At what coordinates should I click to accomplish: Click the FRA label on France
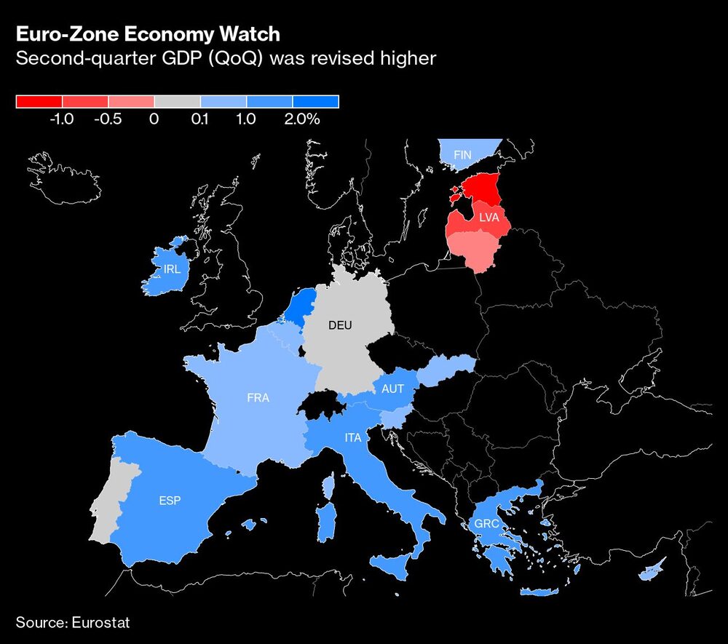click(x=258, y=398)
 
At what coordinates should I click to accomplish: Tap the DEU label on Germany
click(x=340, y=325)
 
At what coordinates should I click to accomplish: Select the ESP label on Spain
click(x=169, y=501)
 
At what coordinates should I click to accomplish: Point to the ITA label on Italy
click(x=353, y=438)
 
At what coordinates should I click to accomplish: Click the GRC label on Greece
click(x=486, y=524)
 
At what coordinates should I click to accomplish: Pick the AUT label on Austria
click(x=392, y=389)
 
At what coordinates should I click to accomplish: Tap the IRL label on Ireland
click(x=172, y=269)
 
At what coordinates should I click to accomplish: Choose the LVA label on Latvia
click(x=488, y=218)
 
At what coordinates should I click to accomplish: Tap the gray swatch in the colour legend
click(x=177, y=102)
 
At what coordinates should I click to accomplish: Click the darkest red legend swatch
click(x=39, y=102)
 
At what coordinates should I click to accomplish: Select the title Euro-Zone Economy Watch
click(x=149, y=35)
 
